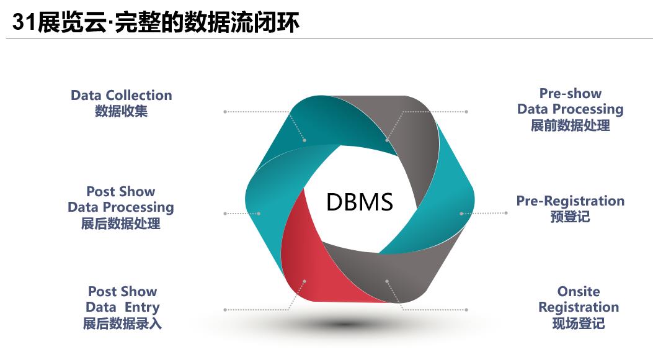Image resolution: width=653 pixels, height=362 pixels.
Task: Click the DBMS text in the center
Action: click(360, 202)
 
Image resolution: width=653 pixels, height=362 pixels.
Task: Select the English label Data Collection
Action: click(121, 96)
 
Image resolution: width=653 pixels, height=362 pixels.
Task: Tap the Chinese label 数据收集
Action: click(121, 111)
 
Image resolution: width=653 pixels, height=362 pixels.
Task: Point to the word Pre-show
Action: click(570, 94)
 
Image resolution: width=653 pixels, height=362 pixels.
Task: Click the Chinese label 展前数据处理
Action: click(570, 125)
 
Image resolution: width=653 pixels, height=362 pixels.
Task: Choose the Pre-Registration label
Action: click(570, 201)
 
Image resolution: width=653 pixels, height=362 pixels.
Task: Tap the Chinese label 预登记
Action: click(570, 217)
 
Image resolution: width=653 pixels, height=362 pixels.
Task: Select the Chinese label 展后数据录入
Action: click(122, 324)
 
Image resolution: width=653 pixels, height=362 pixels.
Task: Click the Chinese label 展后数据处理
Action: click(121, 224)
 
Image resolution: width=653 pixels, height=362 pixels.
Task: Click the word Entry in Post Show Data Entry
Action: click(142, 307)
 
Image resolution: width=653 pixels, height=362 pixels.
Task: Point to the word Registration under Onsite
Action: click(578, 307)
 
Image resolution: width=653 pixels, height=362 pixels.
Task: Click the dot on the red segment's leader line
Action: click(304, 281)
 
